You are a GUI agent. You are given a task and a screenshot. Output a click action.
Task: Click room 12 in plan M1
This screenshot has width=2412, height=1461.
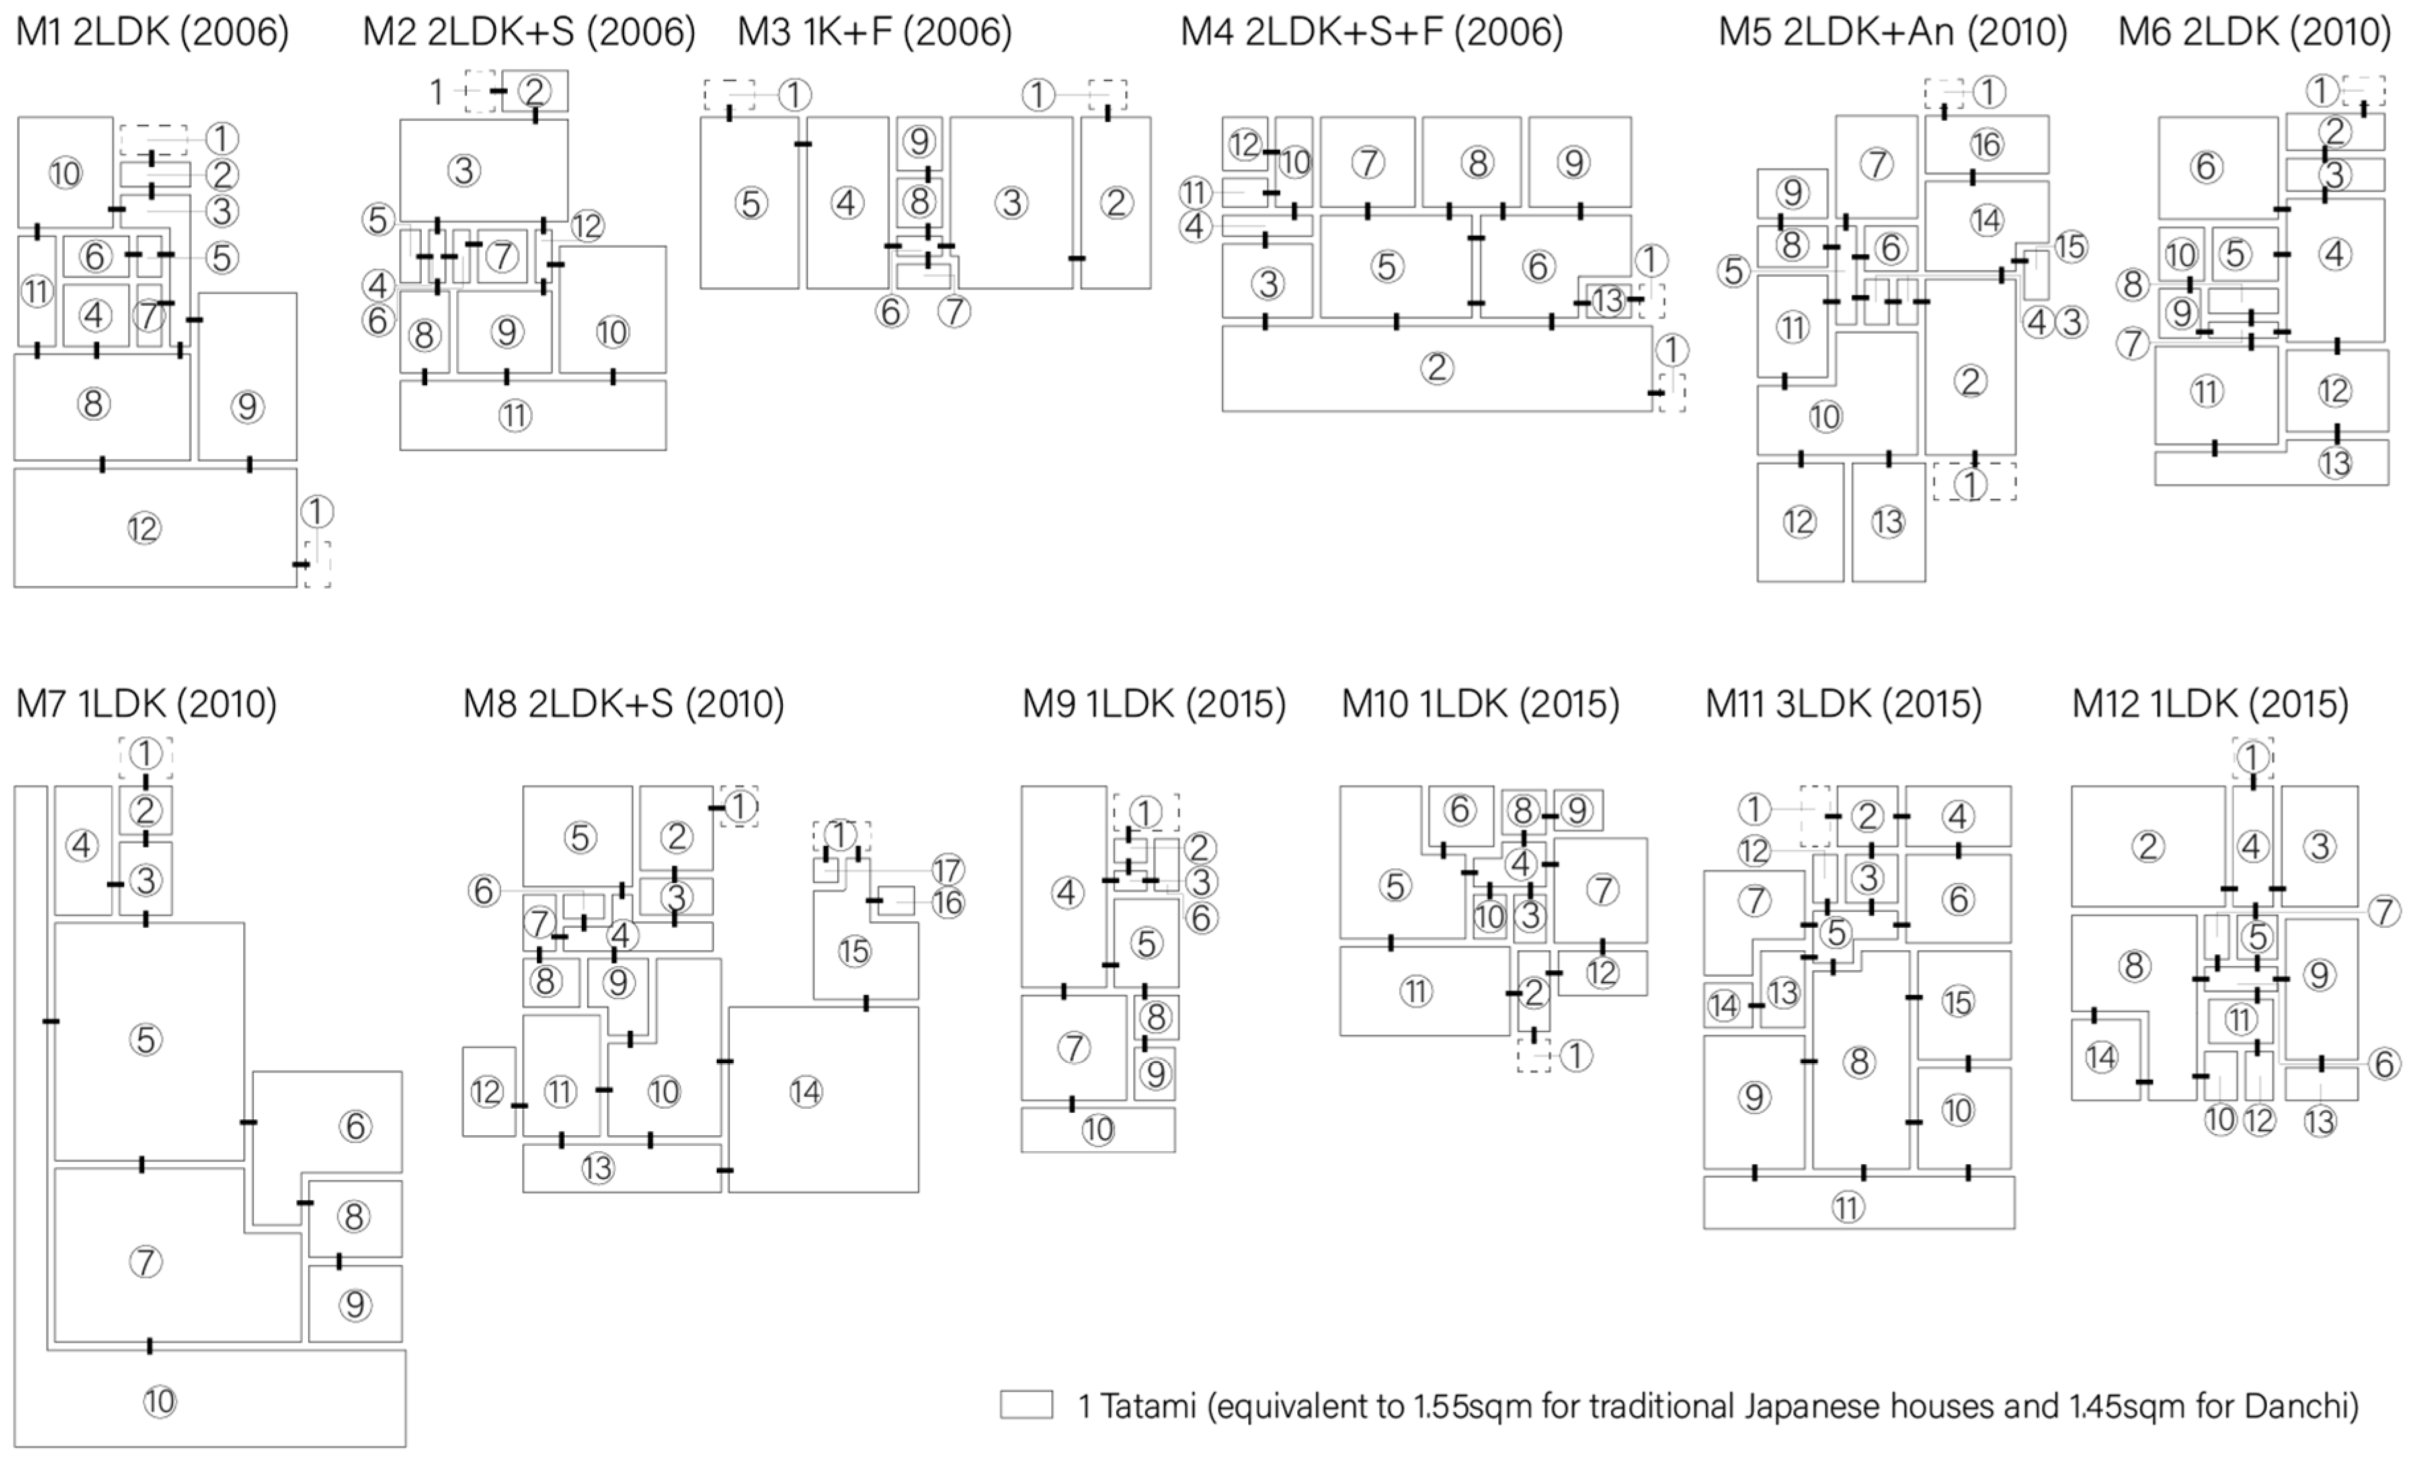tap(144, 529)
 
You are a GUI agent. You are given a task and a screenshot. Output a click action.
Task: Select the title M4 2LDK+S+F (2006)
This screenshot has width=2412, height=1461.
tap(1371, 32)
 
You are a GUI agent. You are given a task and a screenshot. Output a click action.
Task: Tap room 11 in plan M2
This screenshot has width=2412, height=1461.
tap(515, 416)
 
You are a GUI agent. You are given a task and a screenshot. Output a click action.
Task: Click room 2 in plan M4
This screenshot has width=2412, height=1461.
tap(1436, 368)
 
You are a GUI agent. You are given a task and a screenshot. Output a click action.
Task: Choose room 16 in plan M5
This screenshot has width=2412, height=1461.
tap(1986, 145)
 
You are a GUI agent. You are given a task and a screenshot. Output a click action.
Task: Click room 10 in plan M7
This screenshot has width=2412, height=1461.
tap(159, 1402)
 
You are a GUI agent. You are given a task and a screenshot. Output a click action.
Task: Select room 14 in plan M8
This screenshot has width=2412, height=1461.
tap(805, 1092)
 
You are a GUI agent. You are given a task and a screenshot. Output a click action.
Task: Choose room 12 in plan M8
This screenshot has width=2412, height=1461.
tap(487, 1092)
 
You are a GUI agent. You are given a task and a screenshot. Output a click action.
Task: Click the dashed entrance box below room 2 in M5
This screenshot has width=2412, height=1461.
tap(1974, 482)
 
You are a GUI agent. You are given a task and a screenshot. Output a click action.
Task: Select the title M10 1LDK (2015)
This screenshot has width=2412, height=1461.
tap(1480, 704)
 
